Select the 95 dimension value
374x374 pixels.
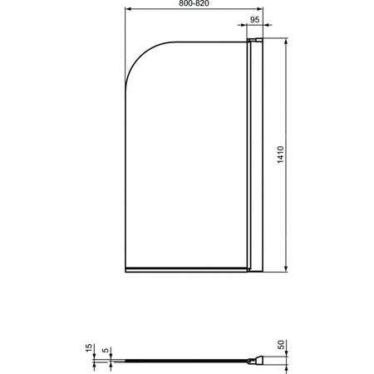(x=254, y=18)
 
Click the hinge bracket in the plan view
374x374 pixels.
(x=256, y=360)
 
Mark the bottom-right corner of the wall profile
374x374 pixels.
(x=262, y=269)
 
